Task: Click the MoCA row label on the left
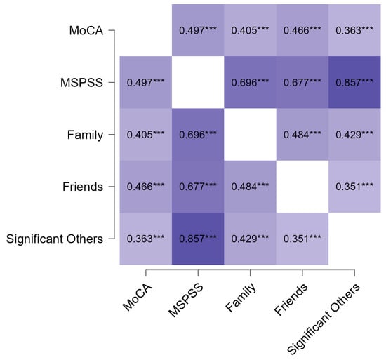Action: [x=87, y=31]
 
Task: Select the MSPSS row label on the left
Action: [x=84, y=83]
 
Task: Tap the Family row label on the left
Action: [x=85, y=135]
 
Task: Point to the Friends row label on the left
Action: [x=84, y=187]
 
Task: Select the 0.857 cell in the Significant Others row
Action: [x=198, y=239]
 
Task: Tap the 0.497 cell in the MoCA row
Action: [x=198, y=31]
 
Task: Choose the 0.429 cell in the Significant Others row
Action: [x=251, y=239]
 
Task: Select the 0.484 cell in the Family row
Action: [x=302, y=135]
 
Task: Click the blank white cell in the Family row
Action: [x=251, y=135]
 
